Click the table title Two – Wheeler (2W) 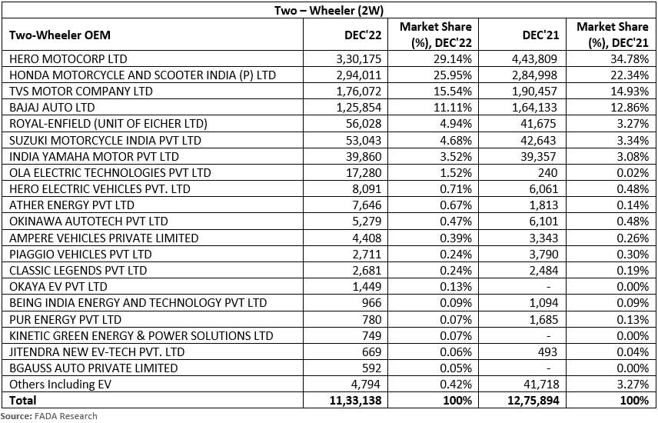pyautogui.click(x=328, y=11)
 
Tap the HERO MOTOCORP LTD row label pyautogui.click(x=67, y=58)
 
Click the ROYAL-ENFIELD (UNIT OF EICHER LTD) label pyautogui.click(x=108, y=123)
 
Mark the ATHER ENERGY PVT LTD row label pyautogui.click(x=71, y=205)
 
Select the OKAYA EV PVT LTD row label pyautogui.click(x=59, y=286)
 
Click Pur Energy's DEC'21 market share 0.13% pyautogui.click(x=633, y=319)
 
